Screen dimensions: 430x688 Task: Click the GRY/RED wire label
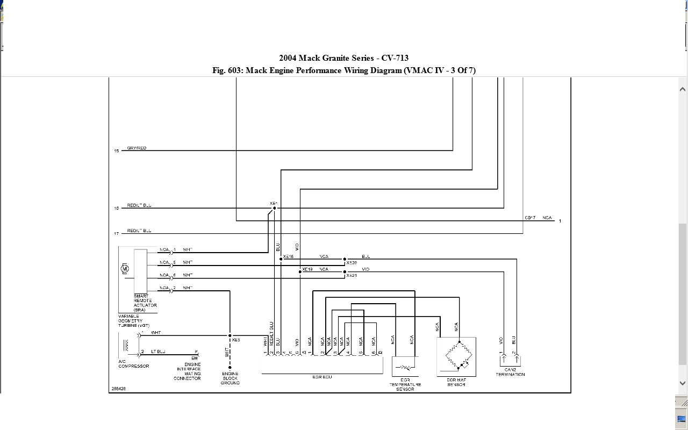tap(137, 148)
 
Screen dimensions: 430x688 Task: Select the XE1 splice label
tap(273, 203)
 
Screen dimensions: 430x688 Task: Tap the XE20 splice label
tap(352, 263)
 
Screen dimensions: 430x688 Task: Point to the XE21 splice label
tap(352, 275)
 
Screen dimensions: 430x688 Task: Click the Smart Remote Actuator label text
tap(145, 303)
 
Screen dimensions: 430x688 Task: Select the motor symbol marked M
tap(125, 268)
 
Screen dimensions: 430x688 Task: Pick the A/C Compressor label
tap(134, 364)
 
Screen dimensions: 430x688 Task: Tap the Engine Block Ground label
tap(230, 378)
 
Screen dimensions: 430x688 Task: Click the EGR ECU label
tap(322, 377)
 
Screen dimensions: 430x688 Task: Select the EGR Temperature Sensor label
tap(405, 384)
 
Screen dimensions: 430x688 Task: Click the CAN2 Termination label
tap(510, 372)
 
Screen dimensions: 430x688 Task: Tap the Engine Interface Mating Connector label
tap(187, 371)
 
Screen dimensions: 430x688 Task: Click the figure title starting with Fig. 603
tap(344, 70)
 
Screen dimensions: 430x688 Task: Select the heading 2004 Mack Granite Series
tap(344, 58)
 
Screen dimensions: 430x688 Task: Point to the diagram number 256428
tap(118, 388)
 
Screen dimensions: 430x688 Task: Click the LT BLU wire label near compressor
tap(158, 351)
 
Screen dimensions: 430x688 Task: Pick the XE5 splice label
tap(236, 340)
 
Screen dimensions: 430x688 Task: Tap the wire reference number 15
tap(116, 151)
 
